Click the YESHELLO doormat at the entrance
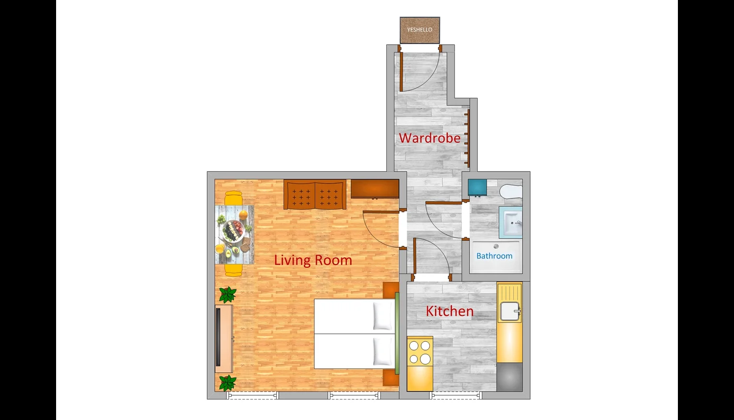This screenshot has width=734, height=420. (x=420, y=30)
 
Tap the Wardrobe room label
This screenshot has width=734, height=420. (x=429, y=138)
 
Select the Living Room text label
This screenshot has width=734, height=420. (x=313, y=260)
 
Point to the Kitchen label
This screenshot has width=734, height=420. (x=450, y=311)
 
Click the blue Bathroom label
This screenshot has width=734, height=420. (x=494, y=256)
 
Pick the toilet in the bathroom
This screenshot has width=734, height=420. (x=511, y=191)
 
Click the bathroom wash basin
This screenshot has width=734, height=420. (x=511, y=223)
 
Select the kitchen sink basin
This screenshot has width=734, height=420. (x=510, y=311)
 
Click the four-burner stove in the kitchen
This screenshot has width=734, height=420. (x=420, y=352)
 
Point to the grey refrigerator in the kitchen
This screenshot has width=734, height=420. (x=510, y=377)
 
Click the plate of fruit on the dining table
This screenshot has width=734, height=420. (x=233, y=230)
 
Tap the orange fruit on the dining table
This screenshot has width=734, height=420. (x=243, y=215)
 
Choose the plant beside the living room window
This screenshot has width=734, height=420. (x=228, y=383)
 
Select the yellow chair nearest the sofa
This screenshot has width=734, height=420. (x=234, y=198)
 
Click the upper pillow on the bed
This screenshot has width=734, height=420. (x=382, y=316)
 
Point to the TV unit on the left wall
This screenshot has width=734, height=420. (x=223, y=339)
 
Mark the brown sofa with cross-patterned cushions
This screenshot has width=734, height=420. (x=315, y=194)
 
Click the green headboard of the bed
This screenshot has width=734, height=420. (x=397, y=333)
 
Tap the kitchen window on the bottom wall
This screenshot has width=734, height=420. (x=456, y=395)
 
